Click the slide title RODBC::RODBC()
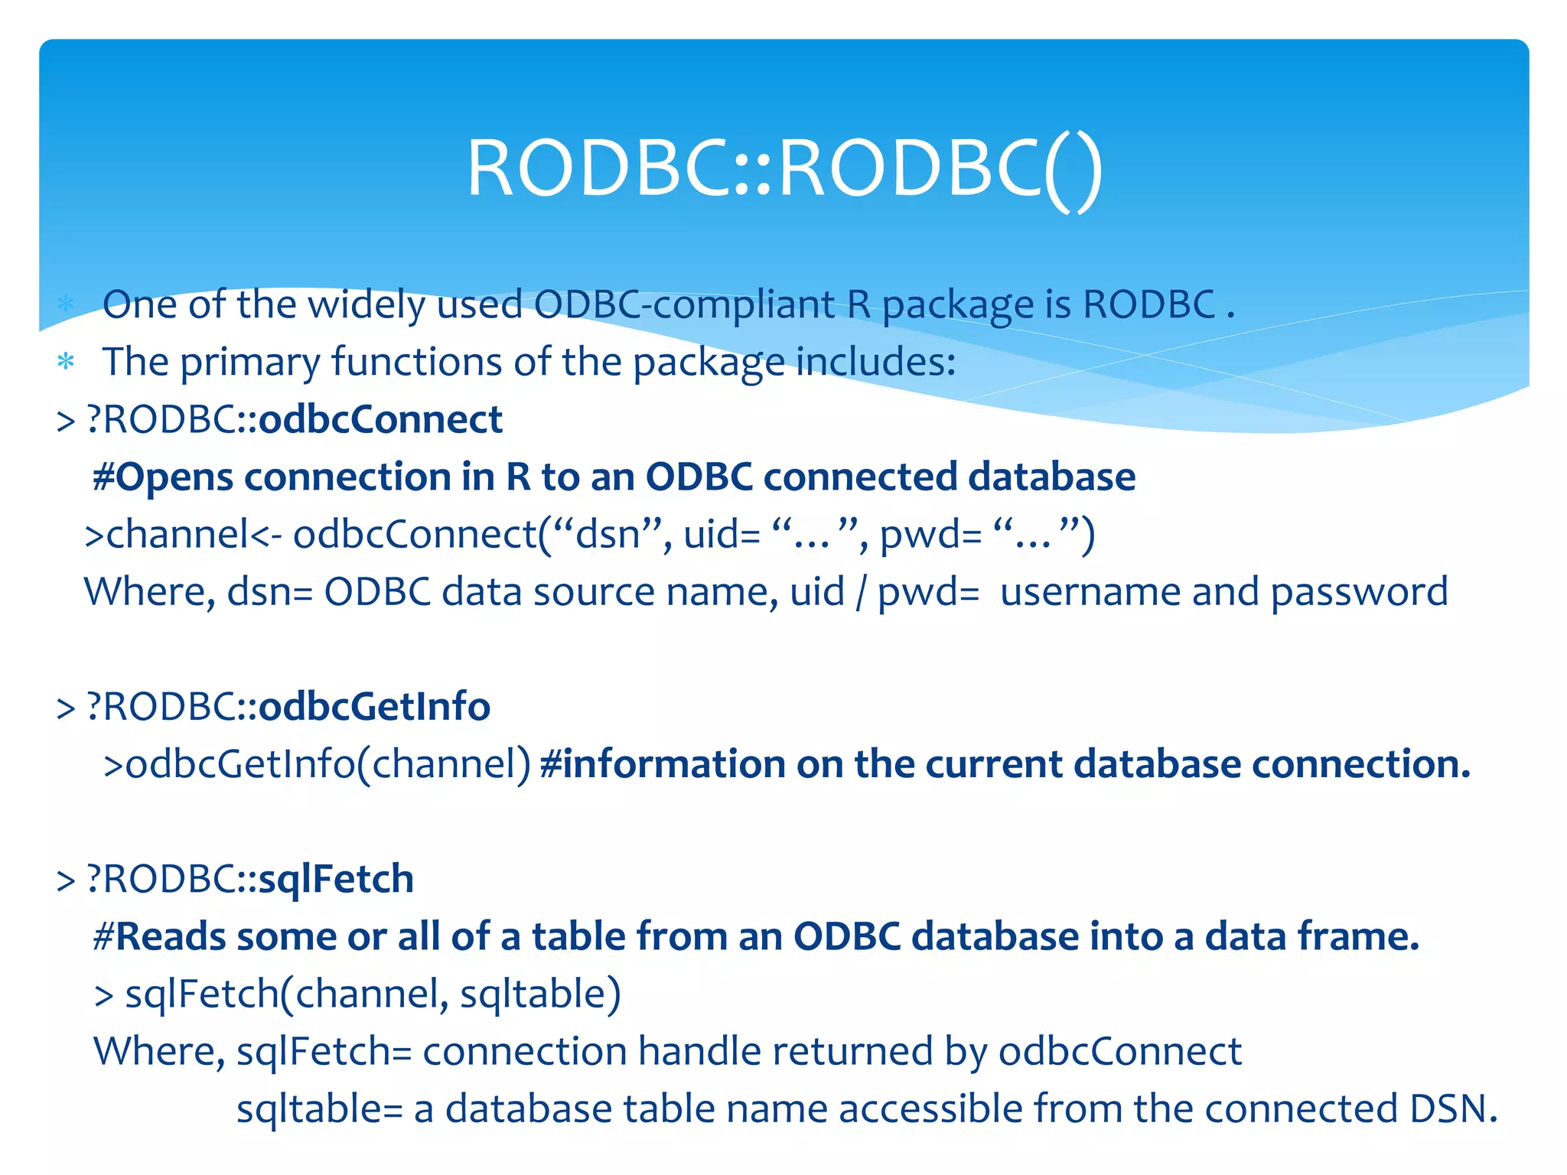point(784,168)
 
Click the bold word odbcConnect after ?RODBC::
point(380,420)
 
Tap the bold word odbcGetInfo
point(374,706)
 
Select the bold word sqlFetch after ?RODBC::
point(336,879)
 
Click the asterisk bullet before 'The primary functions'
point(66,362)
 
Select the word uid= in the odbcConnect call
point(722,535)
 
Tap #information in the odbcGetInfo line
point(663,764)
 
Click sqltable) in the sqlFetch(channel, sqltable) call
point(540,994)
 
